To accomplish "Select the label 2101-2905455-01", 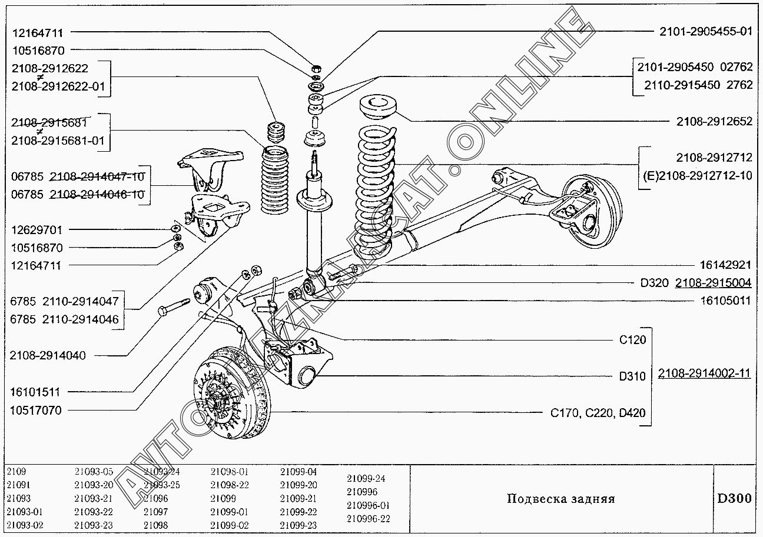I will coord(705,31).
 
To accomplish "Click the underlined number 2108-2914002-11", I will coord(704,373).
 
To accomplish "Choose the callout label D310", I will coord(632,376).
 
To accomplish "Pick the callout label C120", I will coord(632,339).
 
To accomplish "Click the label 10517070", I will coord(35,411).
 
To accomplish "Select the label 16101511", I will coord(35,392).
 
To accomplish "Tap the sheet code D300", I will coord(734,499).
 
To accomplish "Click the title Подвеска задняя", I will coord(560,499).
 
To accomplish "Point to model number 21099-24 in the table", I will coord(366,478).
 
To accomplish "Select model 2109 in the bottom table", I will coord(16,472).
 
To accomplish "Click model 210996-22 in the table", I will coord(369,519).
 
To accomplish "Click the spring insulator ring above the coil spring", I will coord(379,108).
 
